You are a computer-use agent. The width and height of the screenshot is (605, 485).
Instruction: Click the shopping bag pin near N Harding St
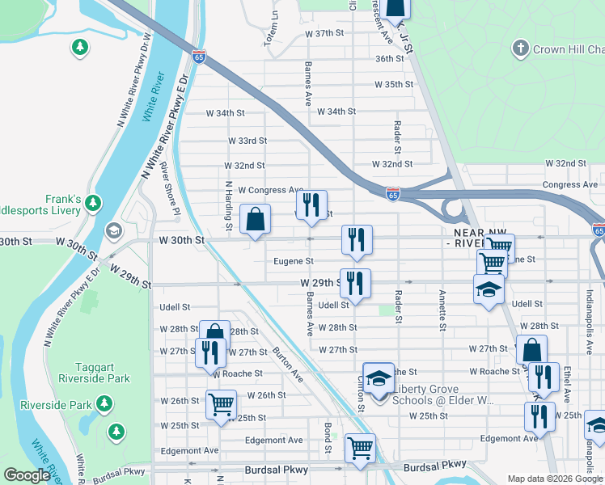pos(256,220)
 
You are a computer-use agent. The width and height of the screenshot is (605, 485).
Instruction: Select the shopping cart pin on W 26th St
pos(221,404)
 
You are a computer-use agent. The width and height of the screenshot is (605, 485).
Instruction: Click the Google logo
pos(26,475)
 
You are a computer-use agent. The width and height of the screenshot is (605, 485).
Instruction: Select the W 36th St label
pos(389,59)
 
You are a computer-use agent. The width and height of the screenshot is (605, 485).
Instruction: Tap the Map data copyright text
pos(554,479)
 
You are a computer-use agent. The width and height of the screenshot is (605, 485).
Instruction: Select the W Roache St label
pos(238,373)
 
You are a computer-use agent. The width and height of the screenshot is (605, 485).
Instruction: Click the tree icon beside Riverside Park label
pos(104,403)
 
